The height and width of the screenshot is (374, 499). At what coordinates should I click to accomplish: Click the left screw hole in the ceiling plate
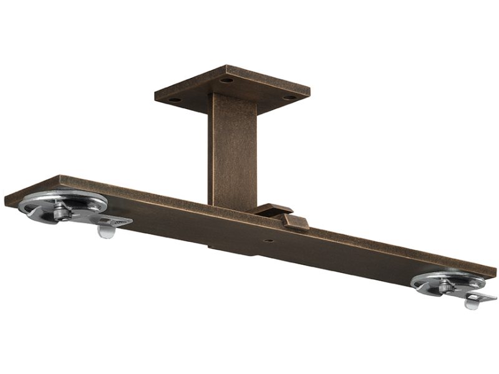click(175, 99)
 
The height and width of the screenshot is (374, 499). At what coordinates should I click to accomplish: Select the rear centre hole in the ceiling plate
click(226, 80)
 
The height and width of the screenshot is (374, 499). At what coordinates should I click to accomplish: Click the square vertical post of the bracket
click(232, 150)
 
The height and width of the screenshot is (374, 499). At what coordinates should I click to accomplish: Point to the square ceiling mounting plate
click(232, 87)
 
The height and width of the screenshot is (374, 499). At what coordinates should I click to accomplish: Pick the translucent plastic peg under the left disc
click(106, 232)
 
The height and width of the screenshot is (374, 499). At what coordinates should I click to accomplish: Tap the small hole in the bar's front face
click(267, 240)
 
